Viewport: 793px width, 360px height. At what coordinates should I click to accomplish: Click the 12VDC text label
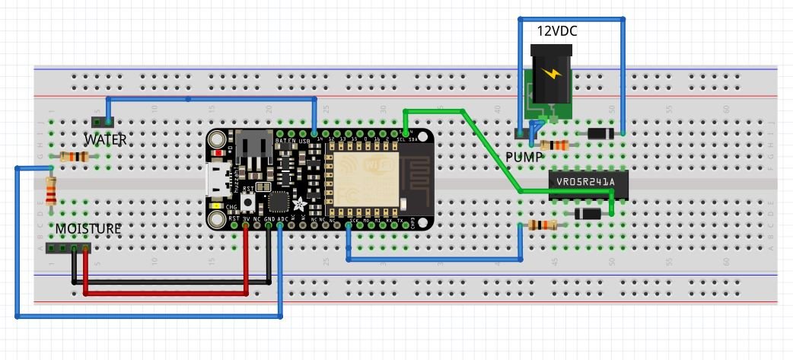point(556,32)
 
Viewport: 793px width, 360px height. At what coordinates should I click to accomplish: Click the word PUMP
point(524,157)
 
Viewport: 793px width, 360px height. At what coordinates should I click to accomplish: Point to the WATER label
point(105,140)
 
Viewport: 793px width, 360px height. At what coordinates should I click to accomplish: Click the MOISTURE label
point(87,228)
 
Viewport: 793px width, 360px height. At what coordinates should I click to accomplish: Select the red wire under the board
point(167,292)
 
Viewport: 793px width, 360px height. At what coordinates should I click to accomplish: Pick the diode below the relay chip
point(588,214)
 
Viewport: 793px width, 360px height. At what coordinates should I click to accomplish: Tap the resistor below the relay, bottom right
point(541,225)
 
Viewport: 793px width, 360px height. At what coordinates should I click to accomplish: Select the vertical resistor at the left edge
point(51,190)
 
